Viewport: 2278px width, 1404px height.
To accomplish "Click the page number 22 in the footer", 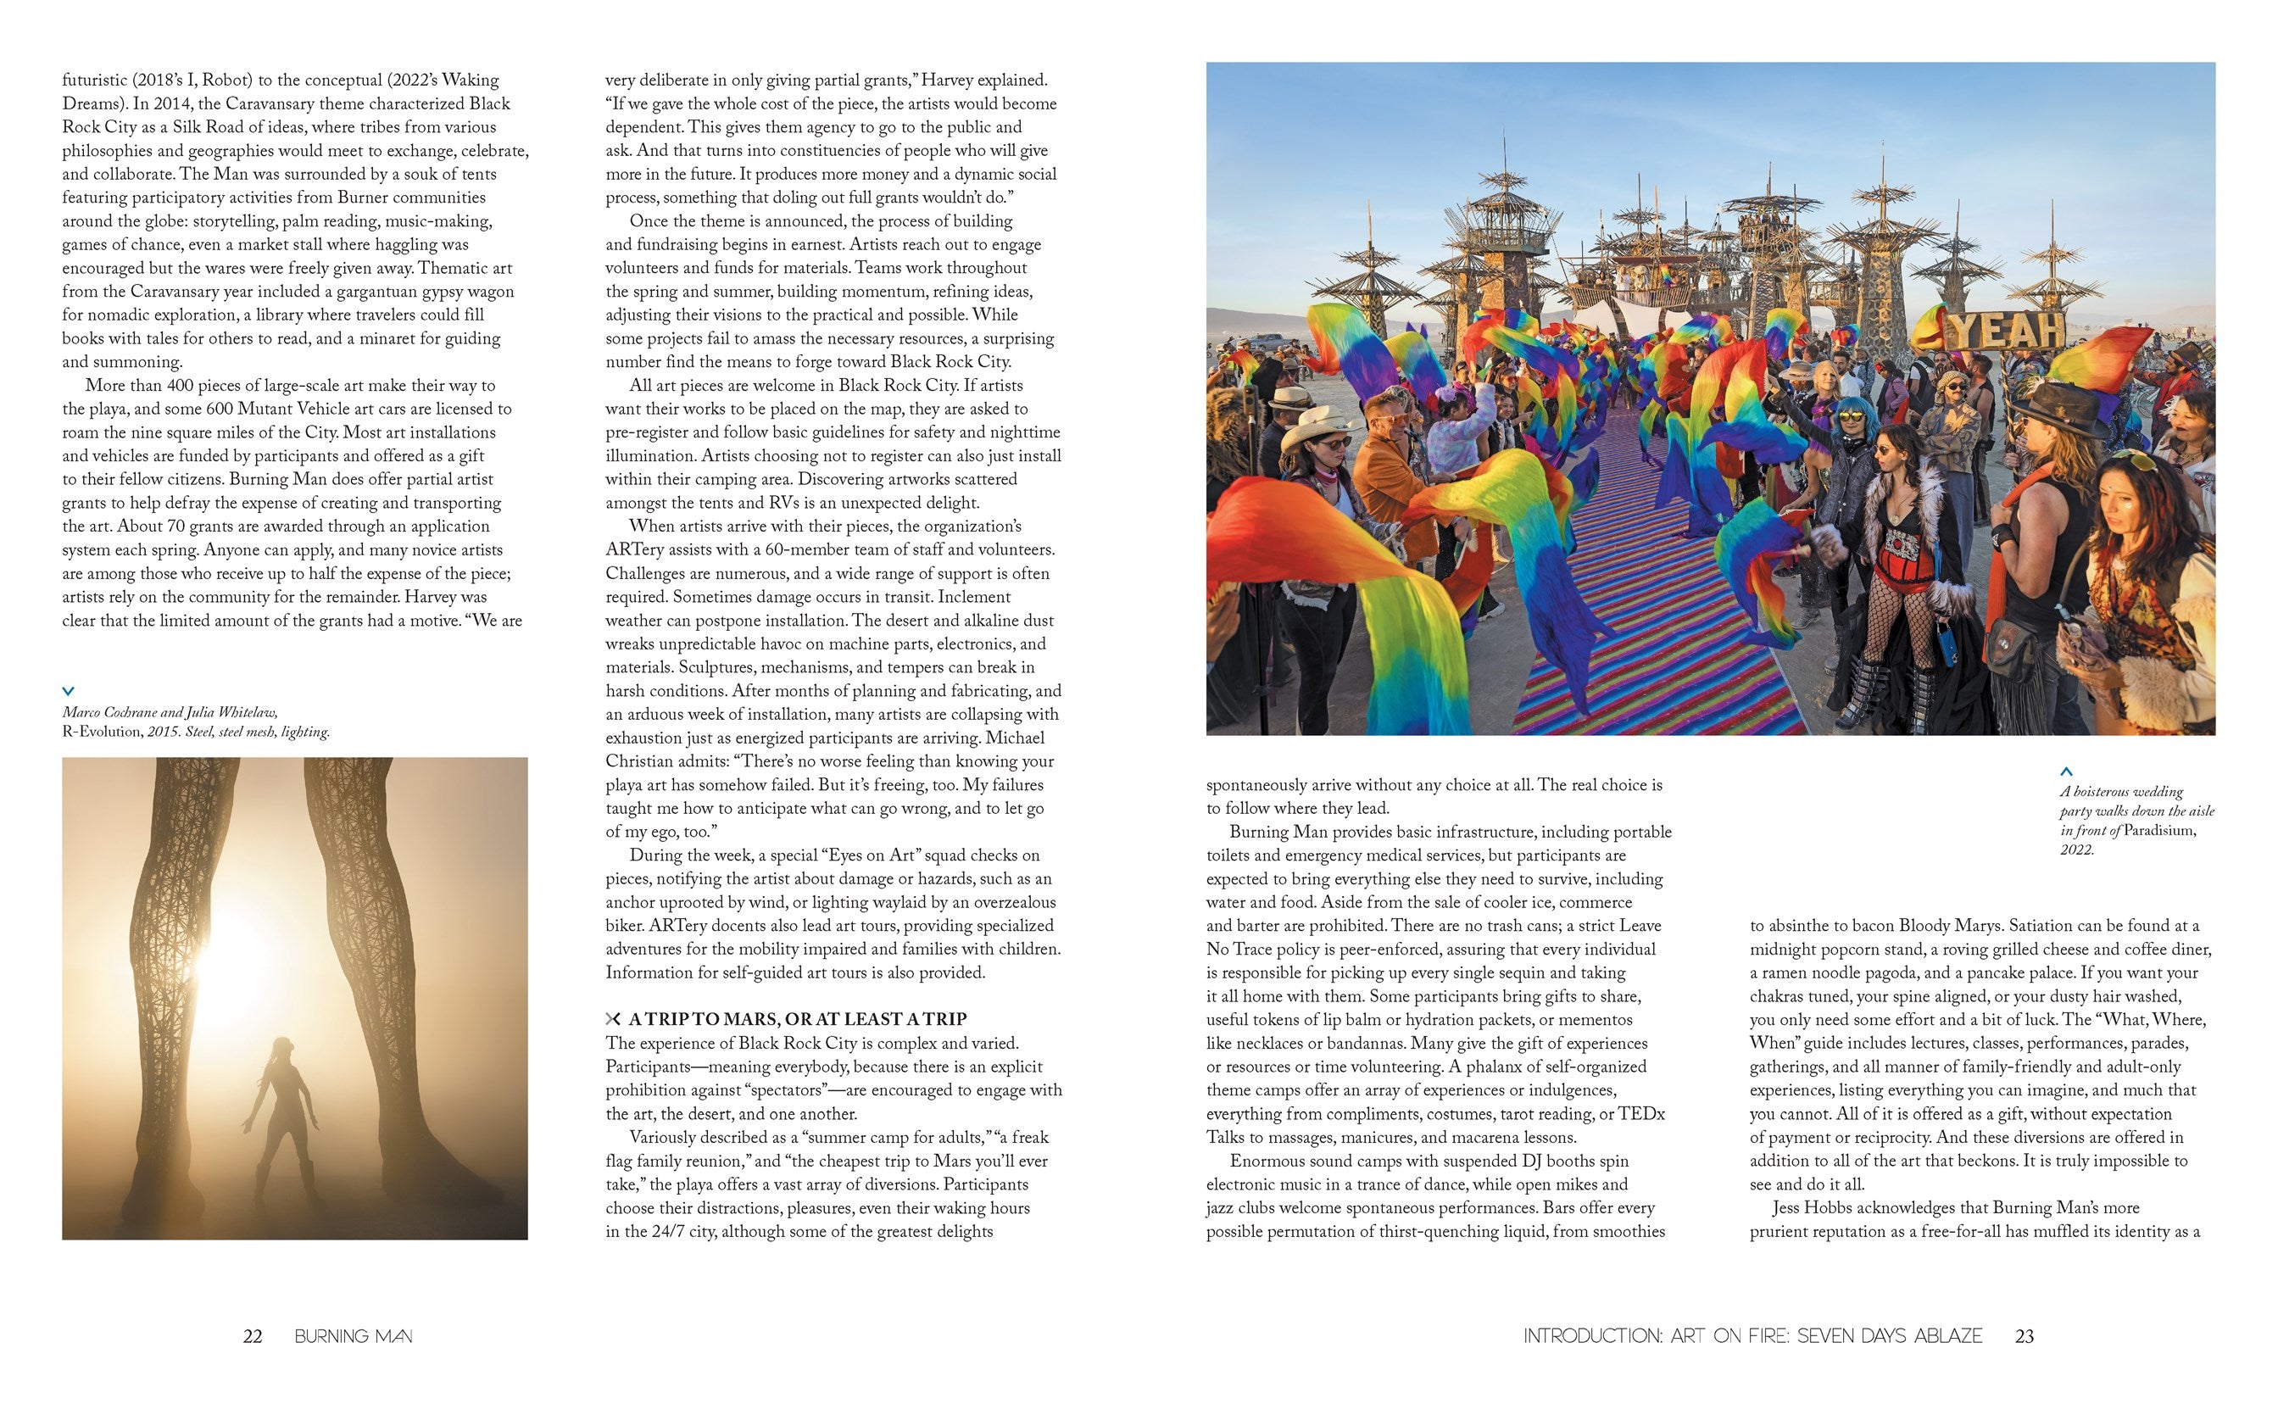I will click(x=253, y=1336).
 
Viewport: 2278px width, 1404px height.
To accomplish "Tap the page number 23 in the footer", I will click(x=2025, y=1336).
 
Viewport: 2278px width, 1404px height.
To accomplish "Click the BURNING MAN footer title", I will click(x=354, y=1336).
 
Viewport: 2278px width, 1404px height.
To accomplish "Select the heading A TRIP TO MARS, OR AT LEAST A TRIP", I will click(x=798, y=1018).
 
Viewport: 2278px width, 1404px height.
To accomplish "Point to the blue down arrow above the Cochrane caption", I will click(x=68, y=691).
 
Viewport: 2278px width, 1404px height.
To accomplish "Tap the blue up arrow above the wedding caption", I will click(x=2066, y=771).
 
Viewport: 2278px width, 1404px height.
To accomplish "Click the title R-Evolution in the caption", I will click(x=102, y=732).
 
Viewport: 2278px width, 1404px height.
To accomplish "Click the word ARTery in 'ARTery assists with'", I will click(x=632, y=549).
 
